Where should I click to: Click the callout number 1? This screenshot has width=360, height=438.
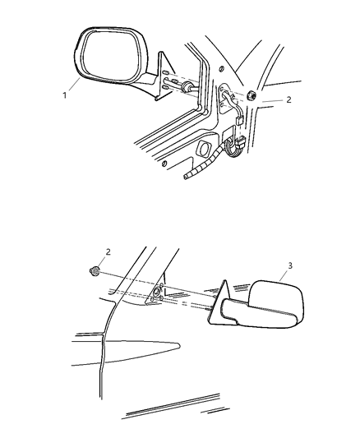(63, 95)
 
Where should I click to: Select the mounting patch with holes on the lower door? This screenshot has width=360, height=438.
(155, 296)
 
